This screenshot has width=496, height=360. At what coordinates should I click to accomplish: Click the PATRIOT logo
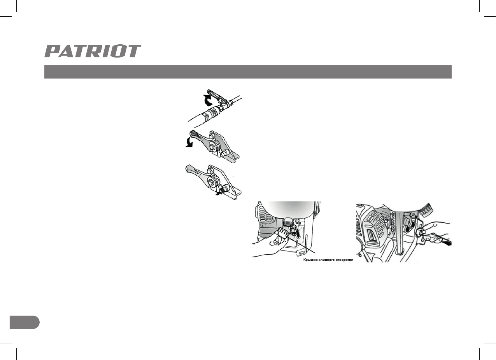[93, 51]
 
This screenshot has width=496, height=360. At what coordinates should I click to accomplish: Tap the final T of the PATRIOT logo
[134, 51]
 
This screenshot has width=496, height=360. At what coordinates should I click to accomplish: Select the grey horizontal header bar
[247, 72]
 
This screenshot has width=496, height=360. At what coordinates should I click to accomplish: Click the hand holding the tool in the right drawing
[438, 233]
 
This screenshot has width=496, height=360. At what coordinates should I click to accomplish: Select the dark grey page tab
[24, 322]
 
